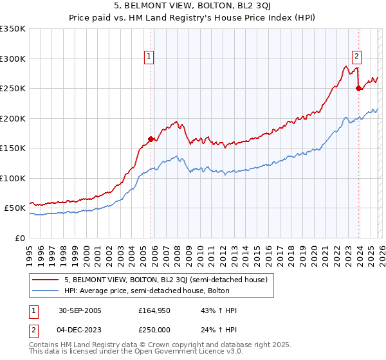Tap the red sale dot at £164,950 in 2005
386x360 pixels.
click(x=151, y=139)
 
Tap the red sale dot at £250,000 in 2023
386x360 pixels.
click(x=358, y=88)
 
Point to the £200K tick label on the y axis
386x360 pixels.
click(x=13, y=118)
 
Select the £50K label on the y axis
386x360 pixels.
click(x=15, y=208)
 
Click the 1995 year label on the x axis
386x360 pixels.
click(x=30, y=251)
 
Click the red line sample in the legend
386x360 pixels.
click(x=46, y=280)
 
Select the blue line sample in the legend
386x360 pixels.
click(x=46, y=291)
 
